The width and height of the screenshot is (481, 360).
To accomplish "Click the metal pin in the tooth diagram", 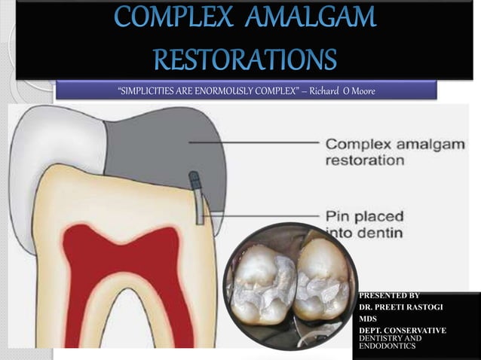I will (198, 200).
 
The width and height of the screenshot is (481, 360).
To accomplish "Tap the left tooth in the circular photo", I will (260, 282).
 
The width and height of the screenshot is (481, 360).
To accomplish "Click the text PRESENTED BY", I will (389, 296).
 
